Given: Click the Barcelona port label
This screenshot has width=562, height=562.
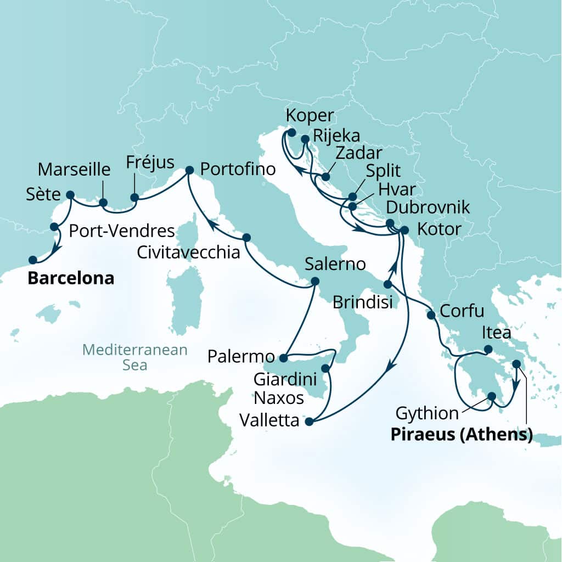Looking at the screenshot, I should coord(71,278).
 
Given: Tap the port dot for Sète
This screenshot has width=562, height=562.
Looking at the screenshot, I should coord(70,194).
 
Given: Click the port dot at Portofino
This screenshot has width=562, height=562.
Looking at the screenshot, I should coord(190,170).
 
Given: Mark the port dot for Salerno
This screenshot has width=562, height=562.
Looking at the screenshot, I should coord(315,281).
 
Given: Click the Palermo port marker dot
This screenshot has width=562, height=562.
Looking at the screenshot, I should coord(283,358).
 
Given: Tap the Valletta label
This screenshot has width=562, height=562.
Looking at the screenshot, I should coord(270,421).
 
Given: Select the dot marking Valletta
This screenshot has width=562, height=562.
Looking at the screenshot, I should coord(308,421).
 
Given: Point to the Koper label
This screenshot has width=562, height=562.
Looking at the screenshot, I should coord(310,116).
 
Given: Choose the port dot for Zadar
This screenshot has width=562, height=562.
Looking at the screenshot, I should coord(325,177).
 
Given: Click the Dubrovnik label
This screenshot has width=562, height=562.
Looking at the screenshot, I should coord(428,207).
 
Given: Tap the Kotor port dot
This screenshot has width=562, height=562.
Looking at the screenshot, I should coord(404,230).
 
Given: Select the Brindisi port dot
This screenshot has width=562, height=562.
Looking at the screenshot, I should coord(387,284).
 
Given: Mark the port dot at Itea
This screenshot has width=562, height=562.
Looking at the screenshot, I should coord(488,349).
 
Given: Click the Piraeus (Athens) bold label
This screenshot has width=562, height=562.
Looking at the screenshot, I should coord(462,435).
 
